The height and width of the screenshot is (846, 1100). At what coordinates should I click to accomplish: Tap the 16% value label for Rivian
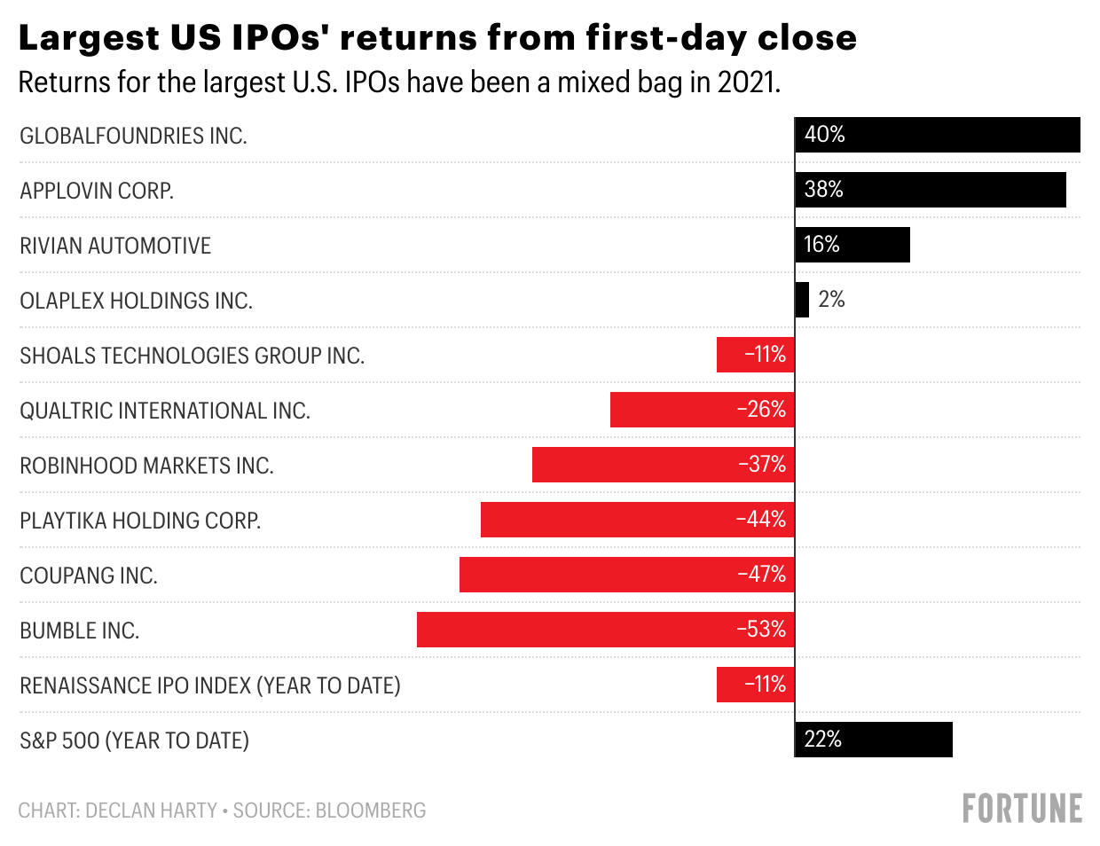(821, 245)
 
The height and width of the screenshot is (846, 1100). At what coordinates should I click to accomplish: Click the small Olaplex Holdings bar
(802, 300)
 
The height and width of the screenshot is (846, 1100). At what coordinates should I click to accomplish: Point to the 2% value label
(831, 300)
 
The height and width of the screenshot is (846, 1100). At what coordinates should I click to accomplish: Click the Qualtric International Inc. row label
(165, 411)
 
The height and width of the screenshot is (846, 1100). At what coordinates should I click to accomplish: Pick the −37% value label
(762, 465)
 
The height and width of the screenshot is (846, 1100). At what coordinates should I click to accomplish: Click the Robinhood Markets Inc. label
(146, 466)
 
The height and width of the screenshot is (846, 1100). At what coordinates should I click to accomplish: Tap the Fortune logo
(1022, 809)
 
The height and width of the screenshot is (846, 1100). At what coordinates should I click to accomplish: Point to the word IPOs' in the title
(279, 38)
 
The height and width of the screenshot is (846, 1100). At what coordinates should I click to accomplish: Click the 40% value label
(824, 135)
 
